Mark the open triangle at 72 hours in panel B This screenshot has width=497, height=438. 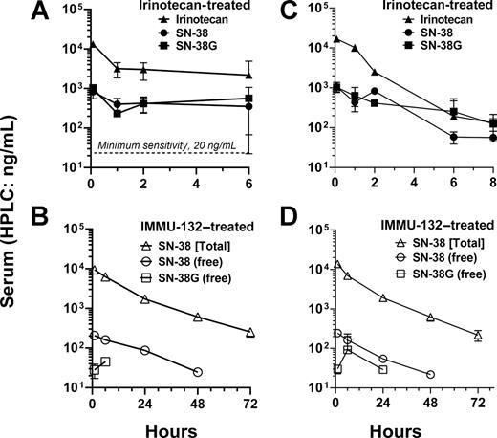click(x=250, y=332)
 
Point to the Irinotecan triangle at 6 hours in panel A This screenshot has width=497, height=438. click(x=250, y=74)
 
